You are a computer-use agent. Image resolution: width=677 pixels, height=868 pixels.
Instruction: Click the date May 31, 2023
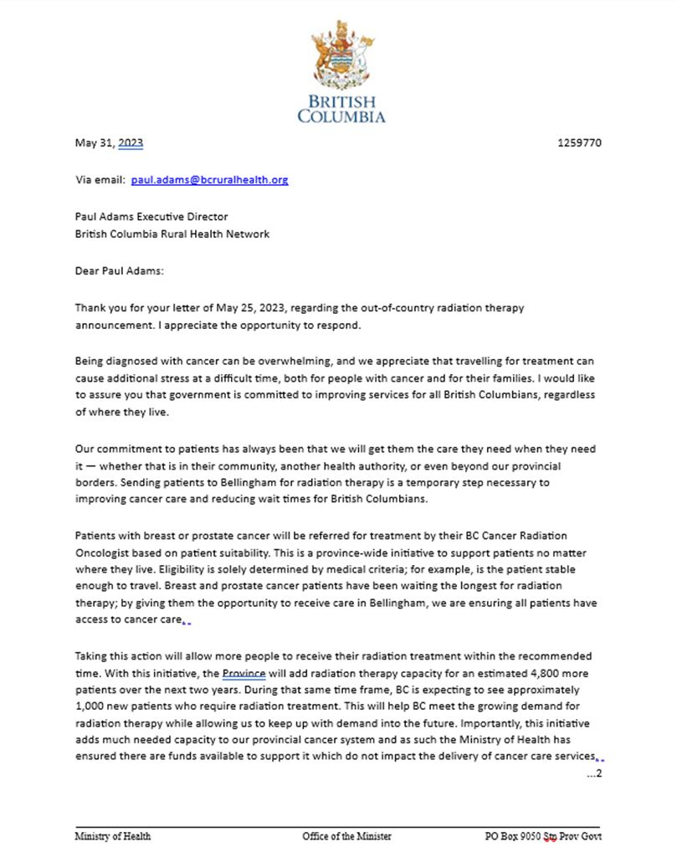(109, 143)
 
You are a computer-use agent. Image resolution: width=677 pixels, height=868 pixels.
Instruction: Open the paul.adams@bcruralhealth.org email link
(210, 180)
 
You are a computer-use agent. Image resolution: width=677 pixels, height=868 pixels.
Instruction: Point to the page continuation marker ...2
(594, 773)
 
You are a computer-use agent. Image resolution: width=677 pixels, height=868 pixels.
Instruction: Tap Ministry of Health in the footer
(113, 836)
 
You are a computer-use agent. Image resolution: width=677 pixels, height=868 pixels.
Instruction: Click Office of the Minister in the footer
(346, 836)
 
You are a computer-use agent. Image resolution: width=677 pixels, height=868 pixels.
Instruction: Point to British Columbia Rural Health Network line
(172, 234)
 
